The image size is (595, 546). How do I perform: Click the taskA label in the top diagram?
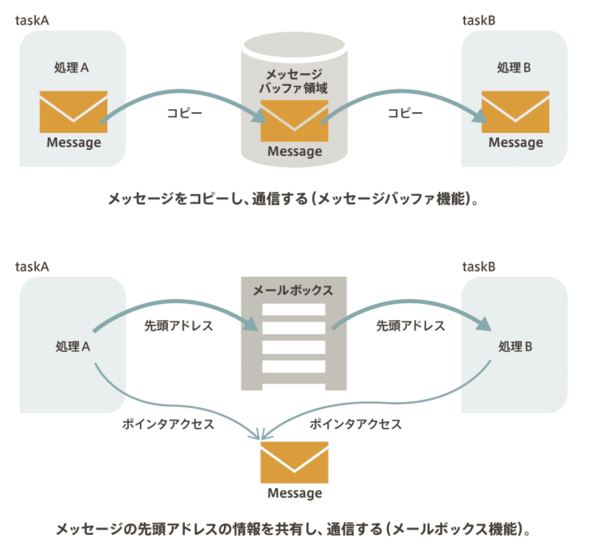point(32,20)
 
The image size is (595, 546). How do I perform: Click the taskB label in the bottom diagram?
point(478,267)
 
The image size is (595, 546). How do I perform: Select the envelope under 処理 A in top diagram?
point(73,112)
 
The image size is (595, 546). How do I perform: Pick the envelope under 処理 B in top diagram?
point(515,112)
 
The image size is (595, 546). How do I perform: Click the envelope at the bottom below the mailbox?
point(295,462)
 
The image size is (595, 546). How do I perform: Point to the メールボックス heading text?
point(293,290)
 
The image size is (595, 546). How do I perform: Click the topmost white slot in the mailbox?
point(294,309)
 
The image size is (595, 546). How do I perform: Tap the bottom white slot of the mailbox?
point(294,366)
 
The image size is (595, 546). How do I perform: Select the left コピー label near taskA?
point(184,113)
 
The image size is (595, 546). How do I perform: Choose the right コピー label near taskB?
point(405,113)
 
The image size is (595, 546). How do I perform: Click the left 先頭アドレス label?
point(178,326)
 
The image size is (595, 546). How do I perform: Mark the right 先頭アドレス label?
point(411,326)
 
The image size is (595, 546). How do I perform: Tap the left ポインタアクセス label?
point(168,424)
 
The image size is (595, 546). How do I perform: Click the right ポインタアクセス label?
point(356,424)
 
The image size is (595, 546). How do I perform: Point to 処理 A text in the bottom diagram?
point(72,347)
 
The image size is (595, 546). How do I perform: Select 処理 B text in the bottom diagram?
point(515,347)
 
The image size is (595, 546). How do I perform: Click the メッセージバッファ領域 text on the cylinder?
point(294,81)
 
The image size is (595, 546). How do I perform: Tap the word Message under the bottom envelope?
point(295,493)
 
